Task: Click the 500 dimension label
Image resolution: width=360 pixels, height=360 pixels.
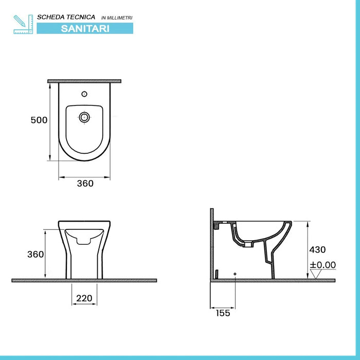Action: (x=39, y=120)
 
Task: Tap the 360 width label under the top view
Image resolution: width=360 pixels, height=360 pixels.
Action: (x=85, y=184)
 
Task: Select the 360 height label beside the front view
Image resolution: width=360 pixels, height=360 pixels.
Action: (x=35, y=254)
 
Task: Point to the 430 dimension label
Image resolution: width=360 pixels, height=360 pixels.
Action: (x=317, y=249)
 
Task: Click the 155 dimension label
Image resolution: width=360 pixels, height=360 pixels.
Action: (x=222, y=313)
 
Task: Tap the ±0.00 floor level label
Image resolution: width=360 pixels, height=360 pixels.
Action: (x=322, y=265)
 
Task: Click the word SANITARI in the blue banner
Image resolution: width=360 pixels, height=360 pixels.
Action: (x=84, y=28)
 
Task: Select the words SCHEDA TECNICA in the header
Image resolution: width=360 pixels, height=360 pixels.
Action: (x=66, y=17)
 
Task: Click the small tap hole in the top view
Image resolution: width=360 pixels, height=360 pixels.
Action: (x=84, y=94)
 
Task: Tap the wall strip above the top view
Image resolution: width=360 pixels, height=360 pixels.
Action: (x=84, y=81)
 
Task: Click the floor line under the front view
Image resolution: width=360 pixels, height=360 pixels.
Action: (x=84, y=280)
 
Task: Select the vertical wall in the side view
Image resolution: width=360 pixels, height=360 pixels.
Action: (x=211, y=244)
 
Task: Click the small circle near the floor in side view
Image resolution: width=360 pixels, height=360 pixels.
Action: (x=235, y=274)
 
